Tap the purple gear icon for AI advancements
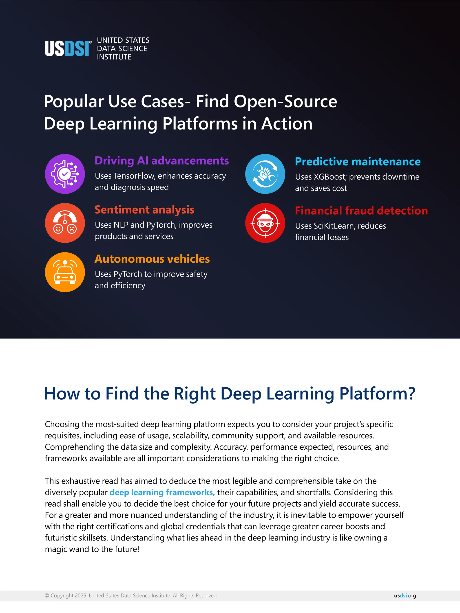[65, 174]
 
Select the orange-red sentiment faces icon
[65, 223]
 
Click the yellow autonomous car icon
[65, 272]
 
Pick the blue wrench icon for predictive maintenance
[265, 174]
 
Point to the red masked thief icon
[265, 223]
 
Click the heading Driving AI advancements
[162, 161]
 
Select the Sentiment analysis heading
[144, 210]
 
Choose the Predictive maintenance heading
[358, 162]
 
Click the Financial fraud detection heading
[361, 211]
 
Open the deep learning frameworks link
[162, 492]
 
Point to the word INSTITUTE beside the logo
[114, 57]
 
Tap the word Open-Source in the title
[285, 101]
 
